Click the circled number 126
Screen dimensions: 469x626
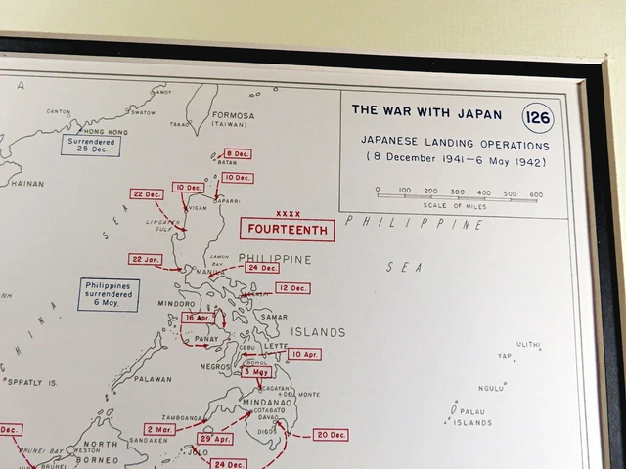point(538,117)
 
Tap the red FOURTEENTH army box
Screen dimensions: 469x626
point(288,230)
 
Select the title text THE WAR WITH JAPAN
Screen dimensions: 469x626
point(426,111)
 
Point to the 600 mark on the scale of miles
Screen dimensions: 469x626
point(535,193)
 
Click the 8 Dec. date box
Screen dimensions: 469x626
point(237,154)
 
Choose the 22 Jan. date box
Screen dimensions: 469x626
point(145,259)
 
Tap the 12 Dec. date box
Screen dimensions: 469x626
point(291,288)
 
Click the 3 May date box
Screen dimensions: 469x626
point(256,372)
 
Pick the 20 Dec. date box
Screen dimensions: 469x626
point(331,435)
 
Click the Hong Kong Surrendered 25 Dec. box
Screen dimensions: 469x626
point(90,146)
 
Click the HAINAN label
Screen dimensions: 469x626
point(26,183)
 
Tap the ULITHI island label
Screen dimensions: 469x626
point(528,345)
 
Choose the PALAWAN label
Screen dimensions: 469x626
point(152,379)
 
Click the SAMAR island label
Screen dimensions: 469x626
point(274,317)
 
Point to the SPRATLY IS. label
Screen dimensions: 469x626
point(32,382)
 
